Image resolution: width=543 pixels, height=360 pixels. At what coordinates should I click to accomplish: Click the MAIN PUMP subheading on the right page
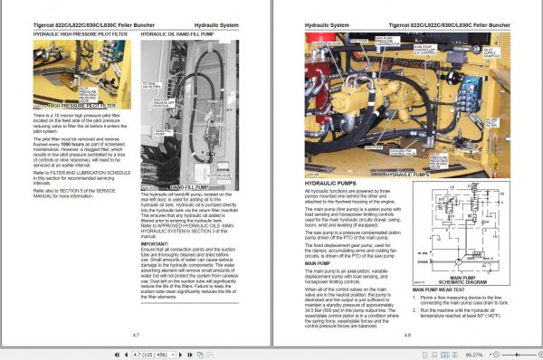(318, 237)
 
